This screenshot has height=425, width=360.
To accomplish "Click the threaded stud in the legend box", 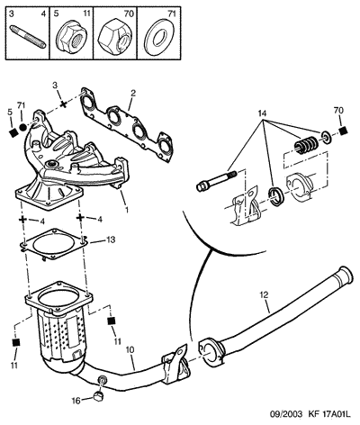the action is [x=28, y=37].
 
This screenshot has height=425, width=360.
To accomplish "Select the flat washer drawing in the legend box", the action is [x=159, y=37].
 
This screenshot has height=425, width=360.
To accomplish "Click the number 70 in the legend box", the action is [x=129, y=14].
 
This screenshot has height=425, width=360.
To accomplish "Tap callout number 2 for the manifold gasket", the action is [x=132, y=93].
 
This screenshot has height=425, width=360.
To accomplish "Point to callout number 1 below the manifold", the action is [x=127, y=209].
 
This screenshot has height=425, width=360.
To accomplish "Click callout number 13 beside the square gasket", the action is [x=111, y=240].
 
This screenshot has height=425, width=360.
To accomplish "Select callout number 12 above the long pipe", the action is [x=265, y=294].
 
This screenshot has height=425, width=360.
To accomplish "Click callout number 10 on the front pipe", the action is [x=130, y=350].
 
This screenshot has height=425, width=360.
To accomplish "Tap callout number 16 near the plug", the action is [x=76, y=401].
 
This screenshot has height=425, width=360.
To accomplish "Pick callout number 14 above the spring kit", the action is [x=262, y=113].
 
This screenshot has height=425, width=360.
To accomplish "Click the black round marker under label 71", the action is [x=22, y=128].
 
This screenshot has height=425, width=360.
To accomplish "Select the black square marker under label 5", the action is [x=13, y=133].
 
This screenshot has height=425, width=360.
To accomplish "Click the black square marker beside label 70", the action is [x=344, y=131].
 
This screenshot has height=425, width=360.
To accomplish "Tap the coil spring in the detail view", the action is [x=305, y=145].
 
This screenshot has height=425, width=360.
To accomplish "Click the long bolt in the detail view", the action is [x=216, y=181].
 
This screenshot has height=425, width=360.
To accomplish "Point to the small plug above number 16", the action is [x=97, y=396].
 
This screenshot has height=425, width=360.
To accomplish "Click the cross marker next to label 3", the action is [x=63, y=104].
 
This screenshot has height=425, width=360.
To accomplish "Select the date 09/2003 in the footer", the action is [x=286, y=414].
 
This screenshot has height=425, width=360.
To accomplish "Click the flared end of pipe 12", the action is [x=345, y=275].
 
